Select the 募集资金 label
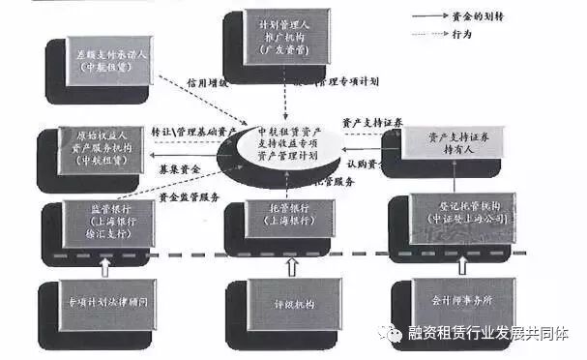coord(176,167)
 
